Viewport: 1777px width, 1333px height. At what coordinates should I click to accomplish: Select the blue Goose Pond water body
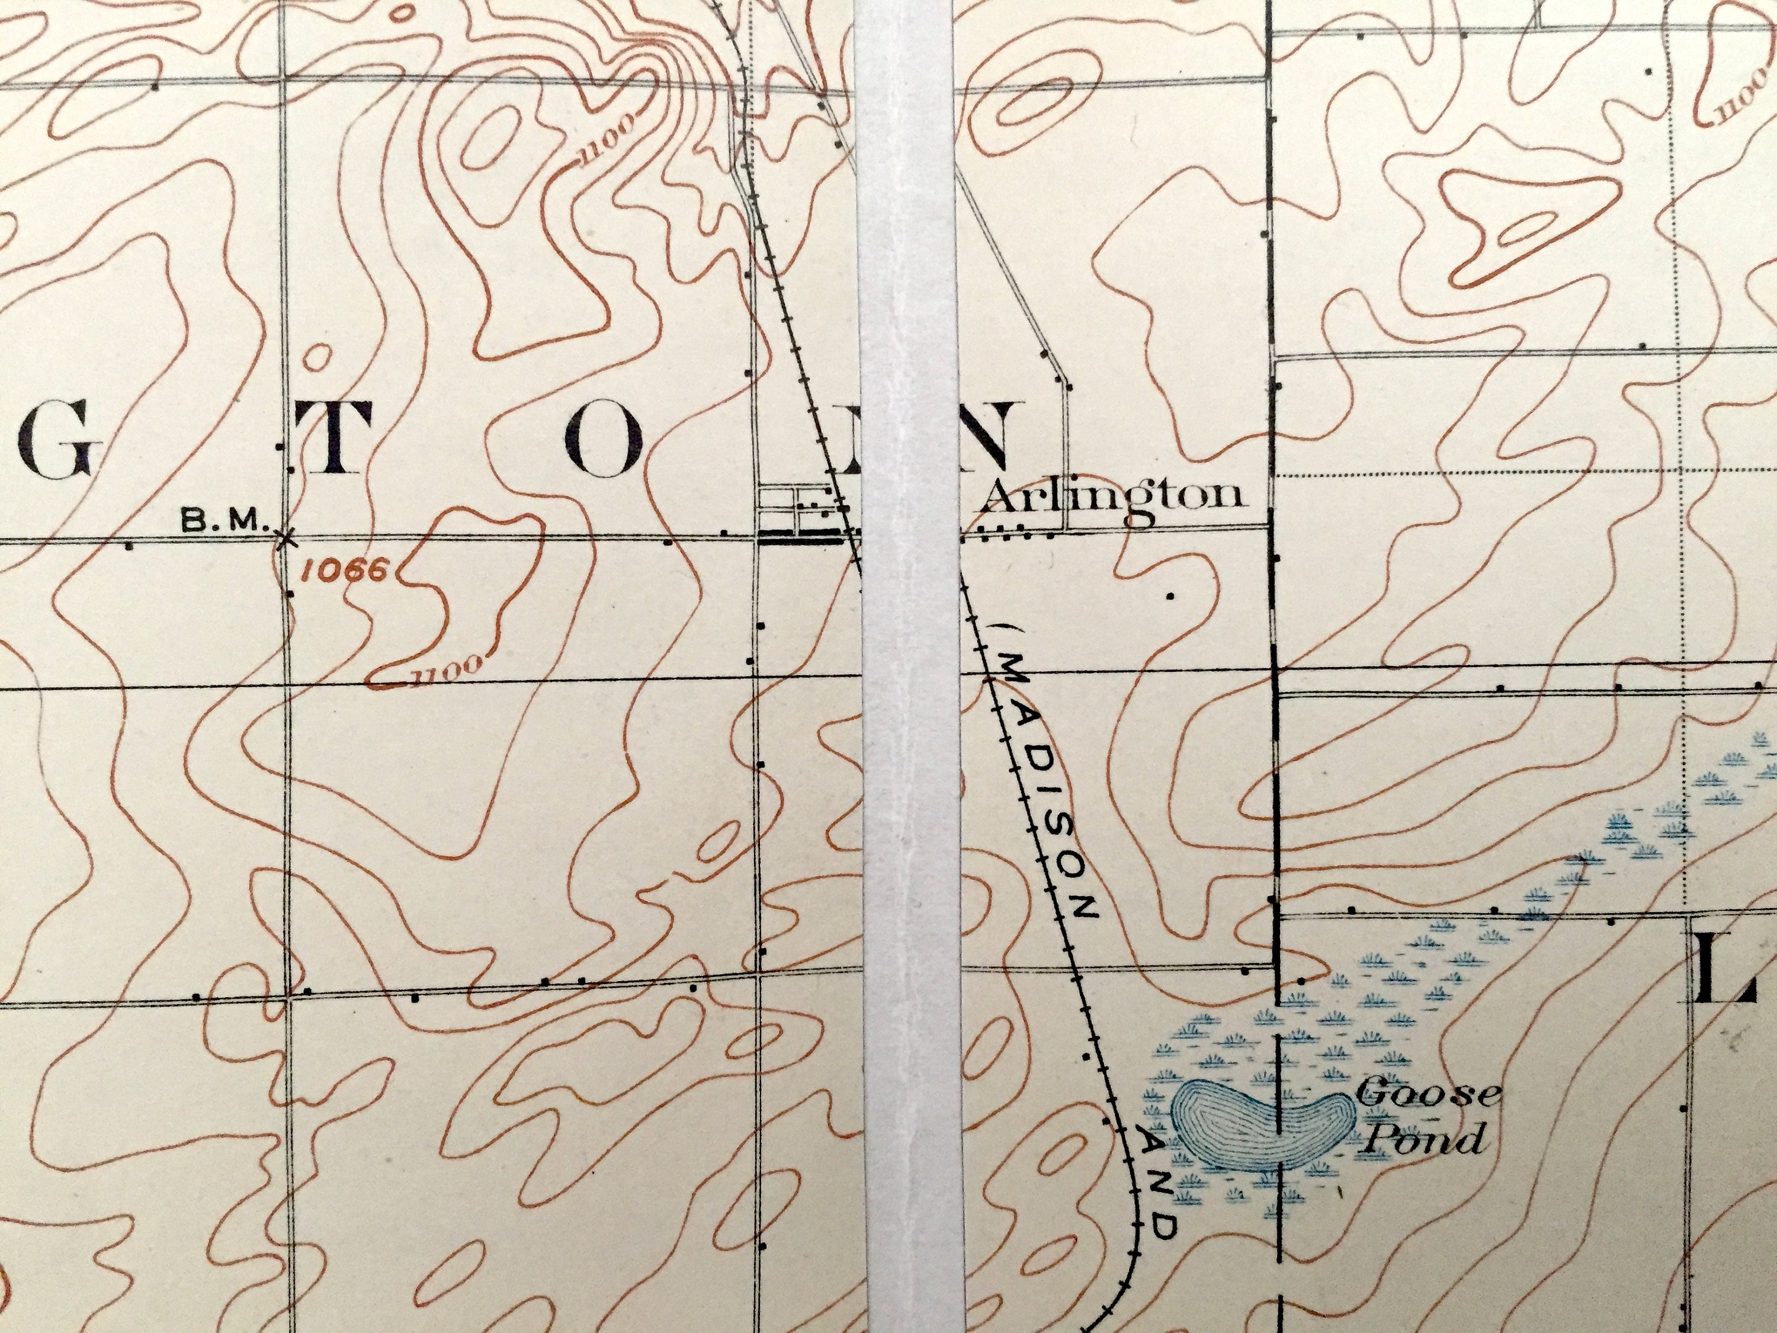[x=1261, y=1121]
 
